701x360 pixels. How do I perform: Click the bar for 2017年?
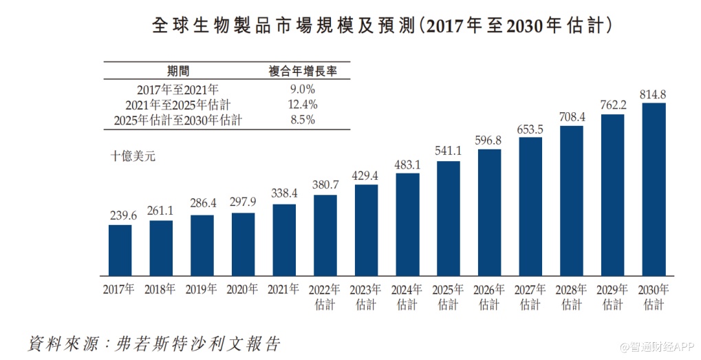[x=120, y=250]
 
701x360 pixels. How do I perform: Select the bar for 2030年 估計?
[x=653, y=189]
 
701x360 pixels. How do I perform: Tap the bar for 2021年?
[x=284, y=240]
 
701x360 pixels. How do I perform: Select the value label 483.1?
[x=407, y=165]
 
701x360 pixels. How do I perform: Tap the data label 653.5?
[x=530, y=129]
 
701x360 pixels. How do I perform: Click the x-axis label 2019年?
[x=202, y=289]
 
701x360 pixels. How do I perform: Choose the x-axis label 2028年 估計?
[x=571, y=296]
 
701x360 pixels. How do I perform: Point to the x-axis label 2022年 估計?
[x=325, y=296]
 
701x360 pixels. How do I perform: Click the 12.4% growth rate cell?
[x=301, y=105]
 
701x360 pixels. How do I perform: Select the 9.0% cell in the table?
[x=301, y=89]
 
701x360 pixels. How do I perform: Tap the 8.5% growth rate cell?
[x=301, y=120]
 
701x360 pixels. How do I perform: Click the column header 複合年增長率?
[x=301, y=71]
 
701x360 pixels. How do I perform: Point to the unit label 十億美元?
[x=133, y=156]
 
